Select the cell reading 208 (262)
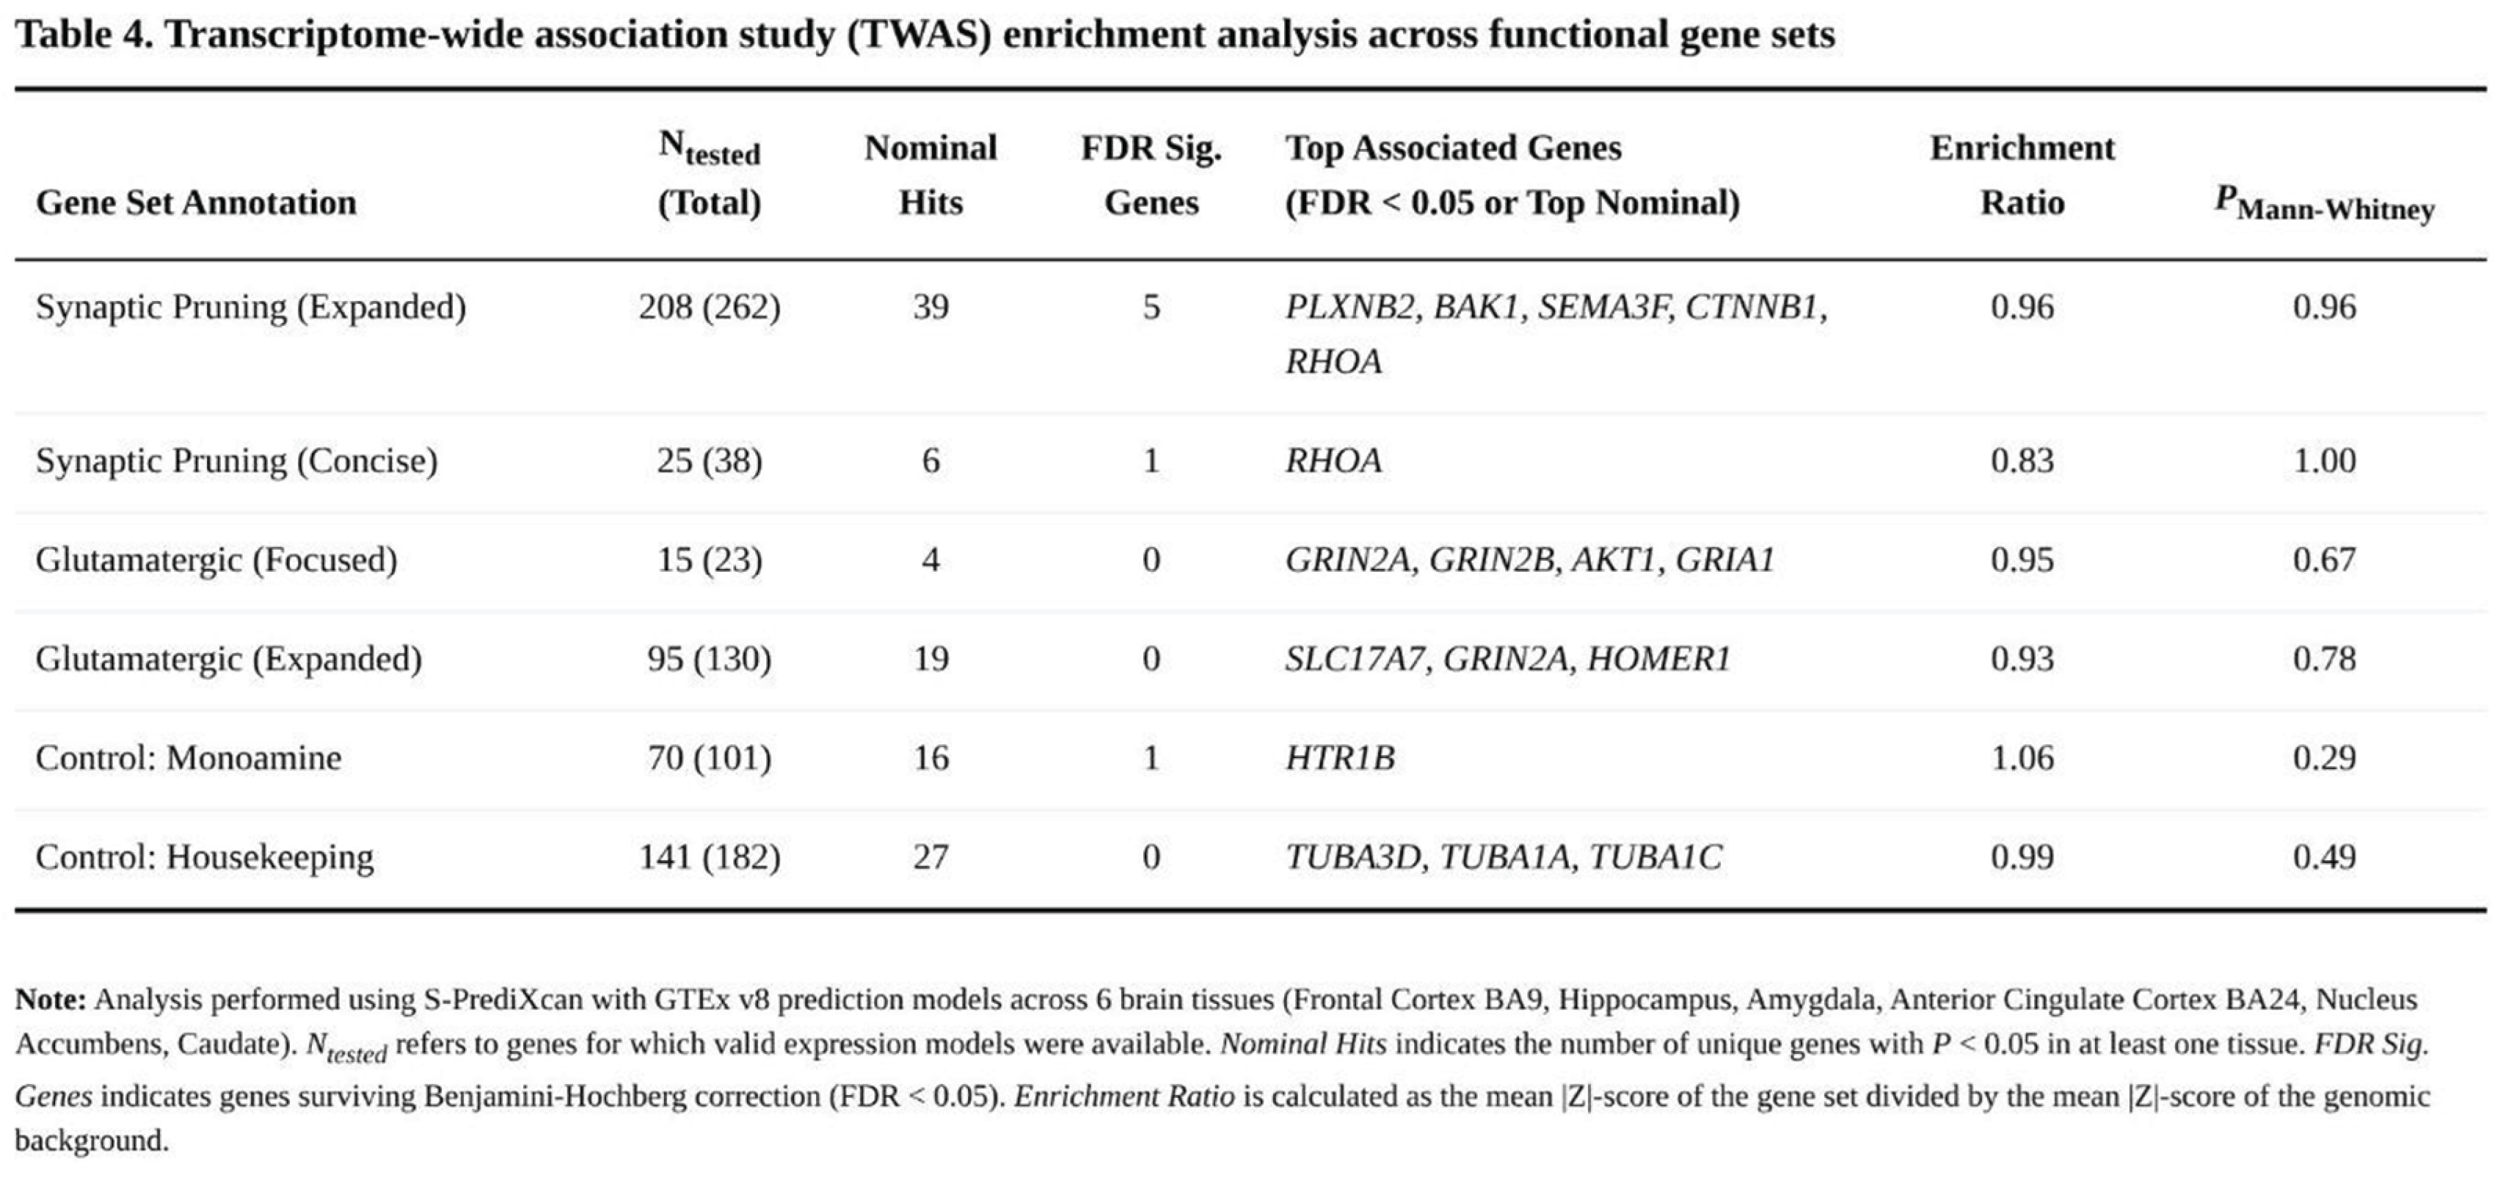click(710, 307)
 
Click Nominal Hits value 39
click(930, 307)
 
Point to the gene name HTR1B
click(1339, 757)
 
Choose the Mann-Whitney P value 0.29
click(2324, 757)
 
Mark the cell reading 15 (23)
click(710, 559)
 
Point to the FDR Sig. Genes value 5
click(1151, 307)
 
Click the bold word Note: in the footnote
click(51, 1000)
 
